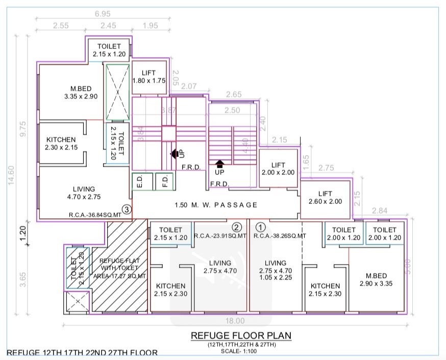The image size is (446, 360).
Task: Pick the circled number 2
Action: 236,227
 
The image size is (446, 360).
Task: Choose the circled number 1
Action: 260,227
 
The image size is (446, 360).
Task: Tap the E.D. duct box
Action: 138,182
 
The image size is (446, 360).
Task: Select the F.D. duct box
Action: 163,182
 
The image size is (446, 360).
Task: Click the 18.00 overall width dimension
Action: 235,321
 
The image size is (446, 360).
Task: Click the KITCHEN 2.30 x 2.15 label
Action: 61,143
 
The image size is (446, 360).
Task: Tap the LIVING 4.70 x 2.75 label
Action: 84,193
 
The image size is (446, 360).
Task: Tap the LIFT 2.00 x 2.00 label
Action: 278,169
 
